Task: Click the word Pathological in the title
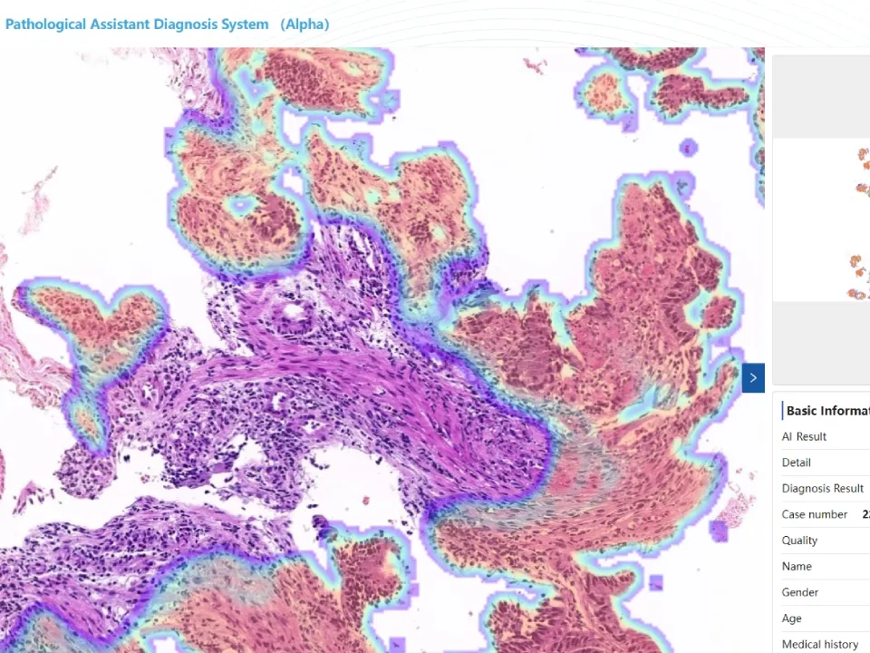pos(45,24)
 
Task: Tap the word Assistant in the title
pos(121,24)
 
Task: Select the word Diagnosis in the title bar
pos(190,24)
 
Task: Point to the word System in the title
pos(247,24)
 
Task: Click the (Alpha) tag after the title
pos(304,24)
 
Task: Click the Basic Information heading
pos(827,411)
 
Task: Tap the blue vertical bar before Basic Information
pos(782,411)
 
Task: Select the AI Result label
pos(804,437)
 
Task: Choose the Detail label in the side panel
pos(796,463)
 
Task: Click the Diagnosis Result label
pos(822,489)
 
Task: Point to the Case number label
pos(814,515)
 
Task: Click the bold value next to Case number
pos(865,515)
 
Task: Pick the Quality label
pos(799,541)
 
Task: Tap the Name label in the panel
pos(797,567)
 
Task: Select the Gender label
pos(799,592)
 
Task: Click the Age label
pos(791,619)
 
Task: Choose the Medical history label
pos(819,645)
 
